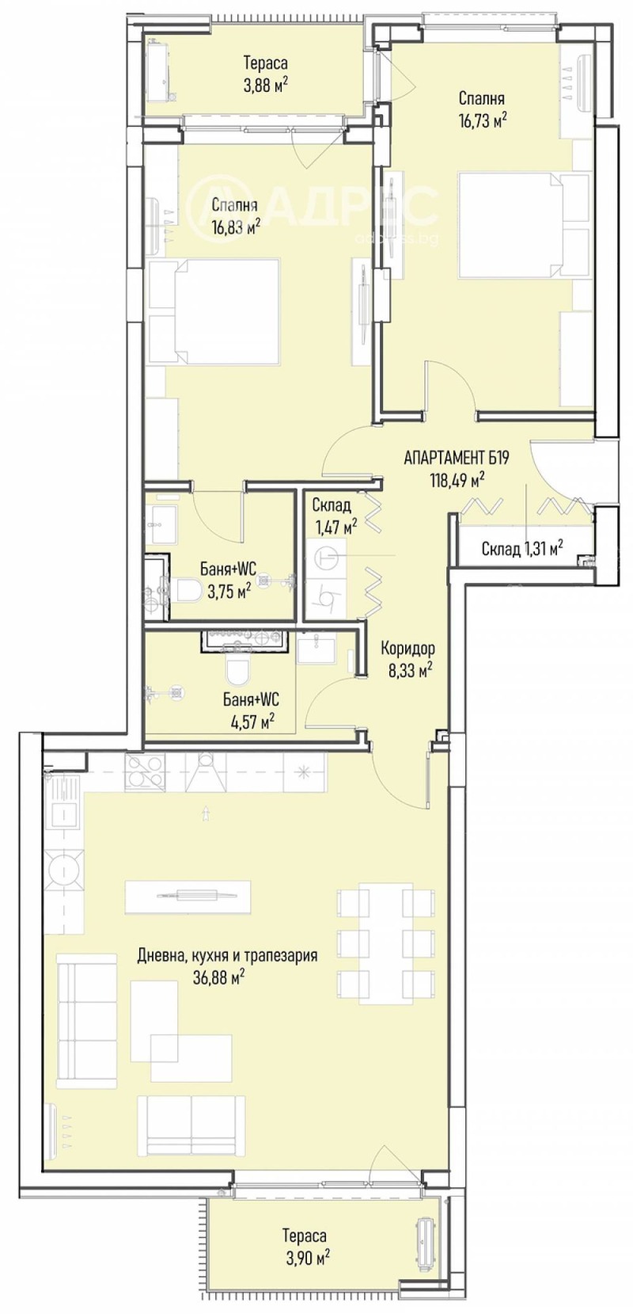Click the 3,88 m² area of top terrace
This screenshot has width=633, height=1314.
[x=265, y=82]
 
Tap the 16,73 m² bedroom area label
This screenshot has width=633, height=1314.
[x=482, y=119]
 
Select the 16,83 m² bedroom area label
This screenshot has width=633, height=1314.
[x=236, y=227]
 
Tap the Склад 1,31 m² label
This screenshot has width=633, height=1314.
[x=522, y=548]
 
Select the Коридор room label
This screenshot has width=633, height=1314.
[x=407, y=649]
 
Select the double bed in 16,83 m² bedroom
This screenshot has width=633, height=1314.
[x=215, y=311]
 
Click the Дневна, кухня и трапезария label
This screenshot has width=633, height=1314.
[x=227, y=954]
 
